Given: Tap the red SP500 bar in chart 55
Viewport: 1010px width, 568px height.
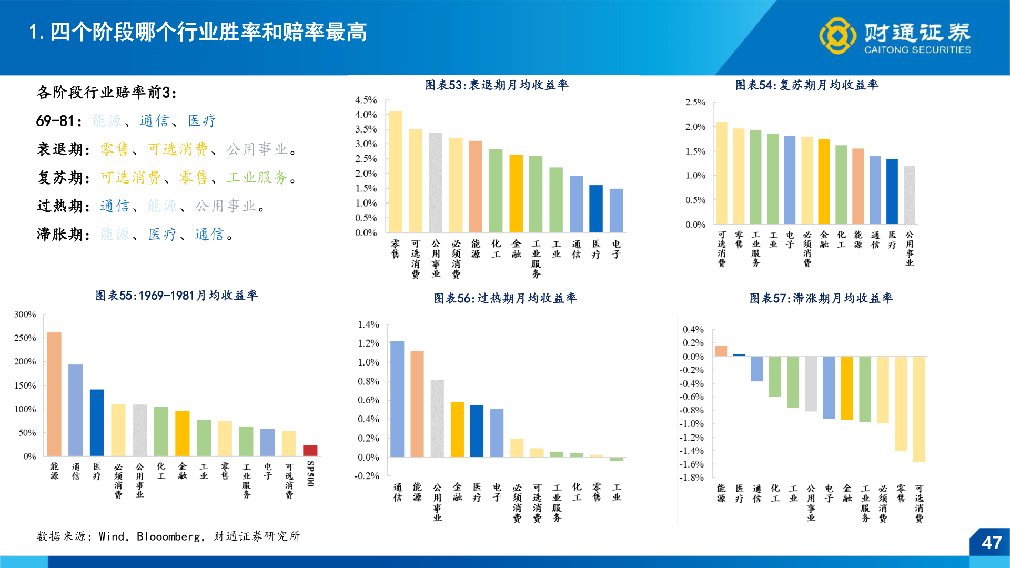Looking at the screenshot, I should click(310, 450).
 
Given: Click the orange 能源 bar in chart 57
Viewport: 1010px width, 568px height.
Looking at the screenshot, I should click(721, 351).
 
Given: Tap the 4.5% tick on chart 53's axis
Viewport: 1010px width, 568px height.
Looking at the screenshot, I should click(366, 100).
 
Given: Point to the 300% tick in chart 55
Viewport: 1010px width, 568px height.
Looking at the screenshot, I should click(25, 315).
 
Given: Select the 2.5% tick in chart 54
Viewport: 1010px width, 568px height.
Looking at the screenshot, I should click(695, 102).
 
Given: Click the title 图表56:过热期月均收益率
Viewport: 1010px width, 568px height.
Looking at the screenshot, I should click(505, 298).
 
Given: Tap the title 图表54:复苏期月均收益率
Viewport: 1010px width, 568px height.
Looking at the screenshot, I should click(806, 85).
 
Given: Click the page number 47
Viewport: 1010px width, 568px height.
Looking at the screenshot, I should click(991, 543).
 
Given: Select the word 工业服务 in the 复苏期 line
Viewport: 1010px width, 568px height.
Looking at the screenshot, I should click(257, 178).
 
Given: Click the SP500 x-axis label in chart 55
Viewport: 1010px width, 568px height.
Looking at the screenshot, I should click(310, 474).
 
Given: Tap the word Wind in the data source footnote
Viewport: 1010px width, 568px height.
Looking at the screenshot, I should click(112, 536).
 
